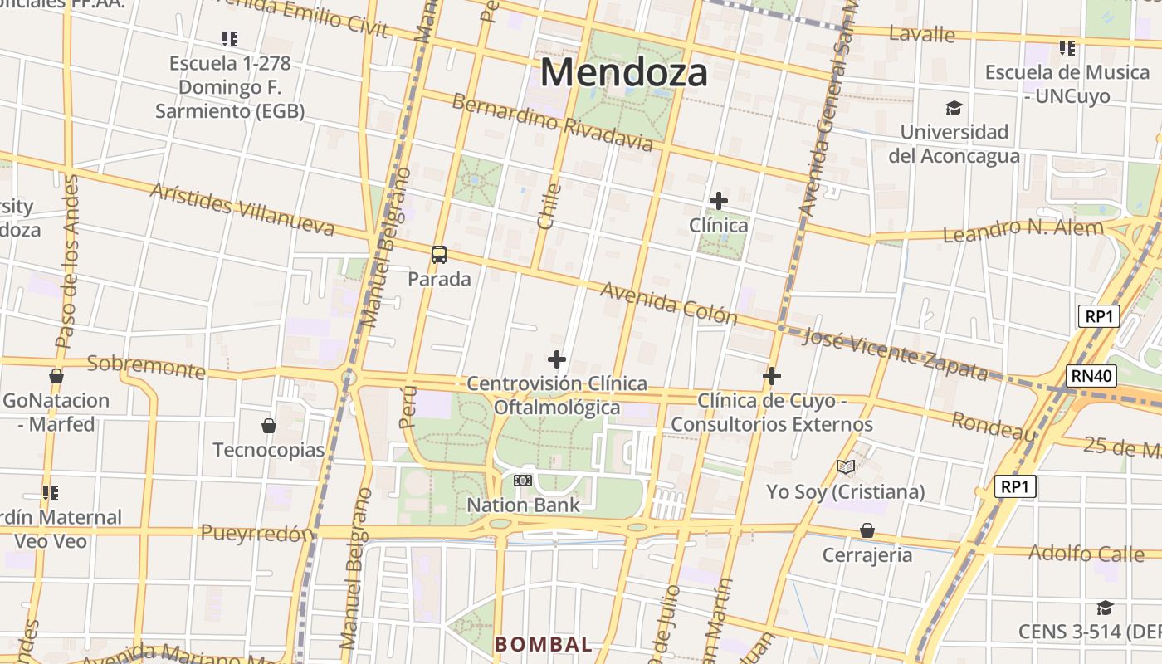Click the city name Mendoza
624,72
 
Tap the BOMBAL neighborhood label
544,644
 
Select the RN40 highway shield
1091,376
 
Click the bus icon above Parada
439,255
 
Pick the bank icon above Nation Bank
523,481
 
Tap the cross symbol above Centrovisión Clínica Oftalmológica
557,359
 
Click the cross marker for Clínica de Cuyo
772,377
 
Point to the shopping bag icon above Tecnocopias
269,427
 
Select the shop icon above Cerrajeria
867,530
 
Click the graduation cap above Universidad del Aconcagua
954,108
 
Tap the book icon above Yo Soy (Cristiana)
846,467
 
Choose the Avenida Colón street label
669,303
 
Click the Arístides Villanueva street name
242,208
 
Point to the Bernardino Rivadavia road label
552,123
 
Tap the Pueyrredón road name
257,534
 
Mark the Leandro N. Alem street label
1023,230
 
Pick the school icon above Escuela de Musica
1067,48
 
